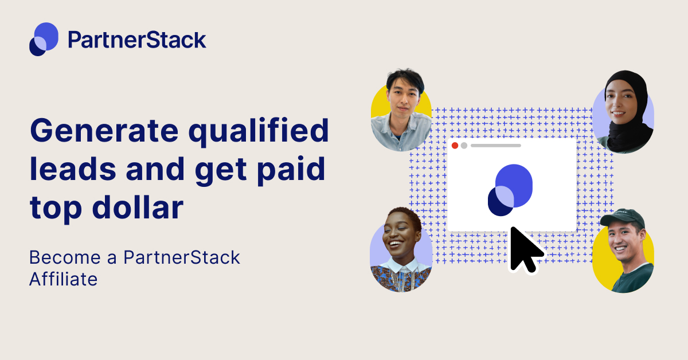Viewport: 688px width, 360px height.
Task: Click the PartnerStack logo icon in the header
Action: pyautogui.click(x=44, y=39)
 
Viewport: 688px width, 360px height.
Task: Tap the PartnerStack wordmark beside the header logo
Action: pyautogui.click(x=136, y=40)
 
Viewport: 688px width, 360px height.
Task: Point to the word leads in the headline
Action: pyautogui.click(x=72, y=170)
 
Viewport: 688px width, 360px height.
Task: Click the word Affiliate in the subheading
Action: pyautogui.click(x=63, y=279)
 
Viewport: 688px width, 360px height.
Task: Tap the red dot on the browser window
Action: pyautogui.click(x=455, y=146)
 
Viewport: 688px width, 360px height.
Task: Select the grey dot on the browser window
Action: pyautogui.click(x=464, y=146)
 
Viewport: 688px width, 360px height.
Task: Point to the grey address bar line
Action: pyautogui.click(x=495, y=146)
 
